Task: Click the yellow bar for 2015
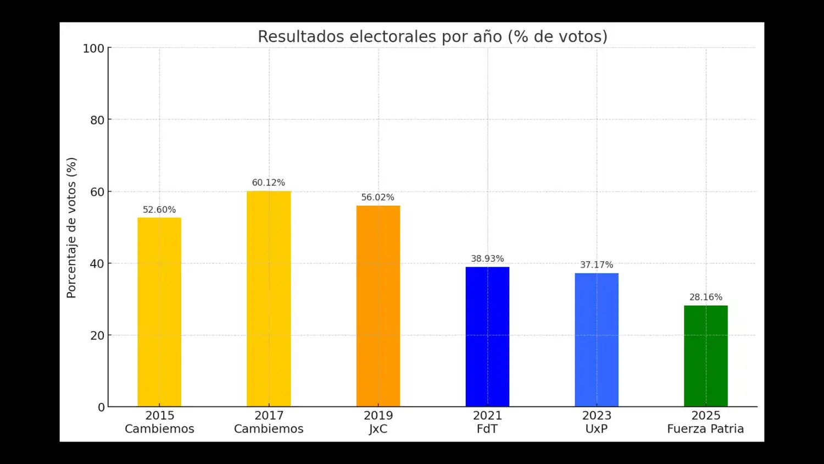point(159,312)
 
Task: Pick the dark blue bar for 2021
point(487,336)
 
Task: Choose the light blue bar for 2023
point(597,340)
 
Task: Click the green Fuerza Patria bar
point(706,356)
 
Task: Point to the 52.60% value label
point(159,209)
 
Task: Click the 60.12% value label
point(269,183)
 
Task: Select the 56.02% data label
point(378,197)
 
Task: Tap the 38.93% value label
point(487,258)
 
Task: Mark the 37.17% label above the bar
point(597,265)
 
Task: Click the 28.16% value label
point(706,297)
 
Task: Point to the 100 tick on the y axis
point(93,48)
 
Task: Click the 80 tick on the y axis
point(97,120)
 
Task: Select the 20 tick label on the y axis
point(97,335)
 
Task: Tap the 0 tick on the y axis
point(101,407)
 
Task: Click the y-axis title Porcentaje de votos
point(71,228)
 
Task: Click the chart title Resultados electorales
point(432,36)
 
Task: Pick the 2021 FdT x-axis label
point(487,422)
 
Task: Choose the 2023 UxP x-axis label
point(597,422)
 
